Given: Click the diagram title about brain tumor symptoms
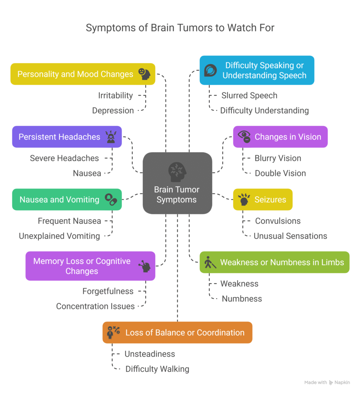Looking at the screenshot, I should (180, 28).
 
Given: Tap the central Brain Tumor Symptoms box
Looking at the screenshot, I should (177, 183).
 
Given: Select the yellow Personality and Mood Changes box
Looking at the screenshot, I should (82, 74).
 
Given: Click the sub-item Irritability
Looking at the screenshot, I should (115, 95).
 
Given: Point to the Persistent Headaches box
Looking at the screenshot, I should (67, 137).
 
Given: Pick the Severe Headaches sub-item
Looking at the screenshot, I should (64, 158).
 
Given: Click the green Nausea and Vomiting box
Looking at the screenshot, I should (67, 199).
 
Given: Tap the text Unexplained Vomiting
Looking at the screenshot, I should (59, 236).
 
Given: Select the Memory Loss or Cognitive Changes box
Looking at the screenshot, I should (90, 266).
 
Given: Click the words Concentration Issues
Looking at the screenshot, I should (95, 306).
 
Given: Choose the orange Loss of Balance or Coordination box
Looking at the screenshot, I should (177, 332).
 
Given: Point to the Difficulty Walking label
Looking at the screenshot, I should (157, 369).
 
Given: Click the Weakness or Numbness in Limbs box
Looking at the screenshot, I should (274, 262).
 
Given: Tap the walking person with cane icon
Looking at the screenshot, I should (210, 262).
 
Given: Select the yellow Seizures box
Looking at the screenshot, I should (263, 199).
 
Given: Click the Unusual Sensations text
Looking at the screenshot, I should (290, 236).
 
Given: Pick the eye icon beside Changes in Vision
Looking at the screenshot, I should (244, 137).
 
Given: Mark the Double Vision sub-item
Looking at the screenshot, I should (280, 173).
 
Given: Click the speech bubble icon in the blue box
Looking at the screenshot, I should (210, 70).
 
